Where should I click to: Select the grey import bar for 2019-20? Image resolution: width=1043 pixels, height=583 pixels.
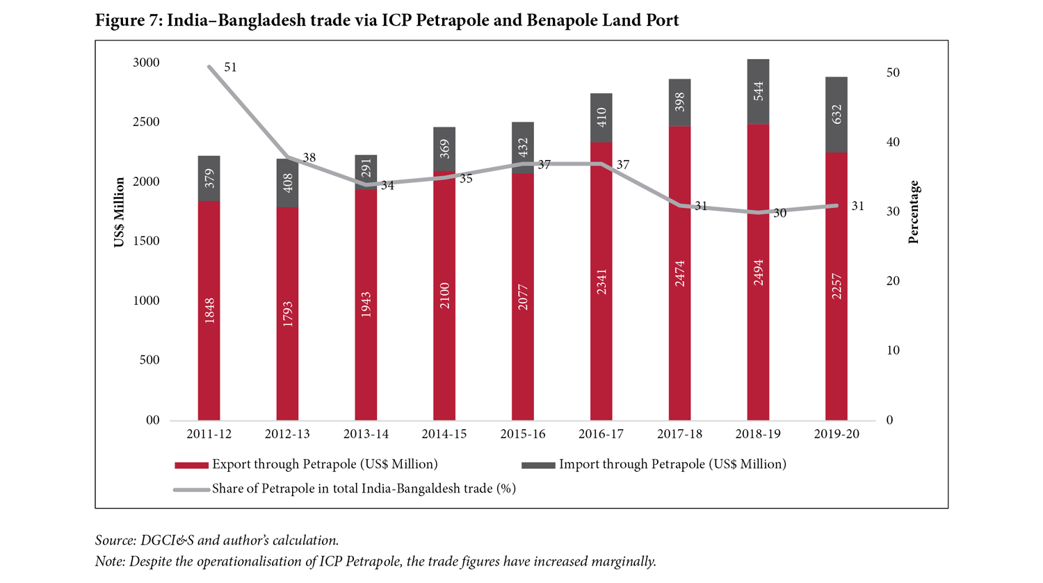(836, 115)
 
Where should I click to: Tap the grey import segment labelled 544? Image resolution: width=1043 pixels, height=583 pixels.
(758, 92)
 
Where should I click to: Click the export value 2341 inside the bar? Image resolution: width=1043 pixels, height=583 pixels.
(601, 281)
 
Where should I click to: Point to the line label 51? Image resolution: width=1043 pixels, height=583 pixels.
(230, 67)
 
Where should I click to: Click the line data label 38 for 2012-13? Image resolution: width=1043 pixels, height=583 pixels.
(309, 158)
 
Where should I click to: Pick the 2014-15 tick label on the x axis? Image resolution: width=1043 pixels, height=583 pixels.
(444, 434)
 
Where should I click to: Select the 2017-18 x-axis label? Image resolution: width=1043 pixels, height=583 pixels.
(679, 434)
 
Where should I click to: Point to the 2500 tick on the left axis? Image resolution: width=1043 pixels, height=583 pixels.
(146, 122)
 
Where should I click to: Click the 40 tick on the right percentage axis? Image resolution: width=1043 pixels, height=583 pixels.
(892, 142)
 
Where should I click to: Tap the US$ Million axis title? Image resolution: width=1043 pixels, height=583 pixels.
(120, 212)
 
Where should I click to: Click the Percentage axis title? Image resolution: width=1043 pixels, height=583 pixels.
(914, 212)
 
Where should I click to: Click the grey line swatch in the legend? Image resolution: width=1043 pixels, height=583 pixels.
(191, 489)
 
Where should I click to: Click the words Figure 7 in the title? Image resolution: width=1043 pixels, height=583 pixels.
(127, 20)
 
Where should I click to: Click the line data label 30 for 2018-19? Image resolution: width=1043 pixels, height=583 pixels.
(779, 214)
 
